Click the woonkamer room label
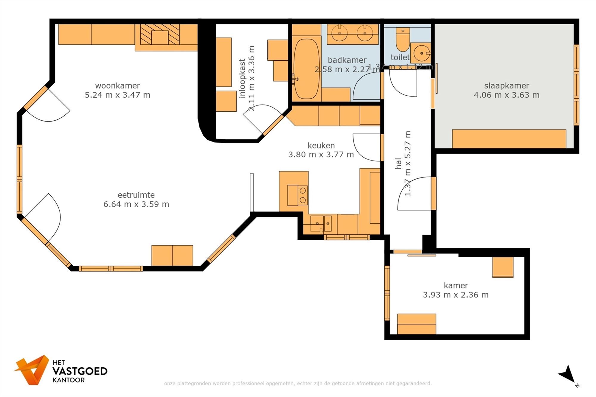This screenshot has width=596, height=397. tap(117, 86)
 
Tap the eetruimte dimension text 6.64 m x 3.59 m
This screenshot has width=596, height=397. tap(136, 204)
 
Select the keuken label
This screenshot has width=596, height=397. tap(321, 145)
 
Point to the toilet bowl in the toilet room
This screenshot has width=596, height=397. tap(403, 40)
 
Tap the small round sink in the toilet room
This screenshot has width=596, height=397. tap(421, 53)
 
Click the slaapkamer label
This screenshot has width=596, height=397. tap(506, 86)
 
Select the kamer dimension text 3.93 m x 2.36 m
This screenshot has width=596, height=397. tap(456, 295)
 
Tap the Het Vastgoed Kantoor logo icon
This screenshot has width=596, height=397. tap(32, 370)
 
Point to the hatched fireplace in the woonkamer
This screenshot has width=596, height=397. tap(160, 34)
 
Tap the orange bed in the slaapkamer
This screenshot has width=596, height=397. tap(509, 139)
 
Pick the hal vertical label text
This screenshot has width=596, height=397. tap(398, 164)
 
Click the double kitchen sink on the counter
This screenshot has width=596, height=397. tap(321, 224)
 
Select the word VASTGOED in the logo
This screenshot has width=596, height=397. tap(80, 371)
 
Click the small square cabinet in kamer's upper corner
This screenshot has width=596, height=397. tap(503, 267)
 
